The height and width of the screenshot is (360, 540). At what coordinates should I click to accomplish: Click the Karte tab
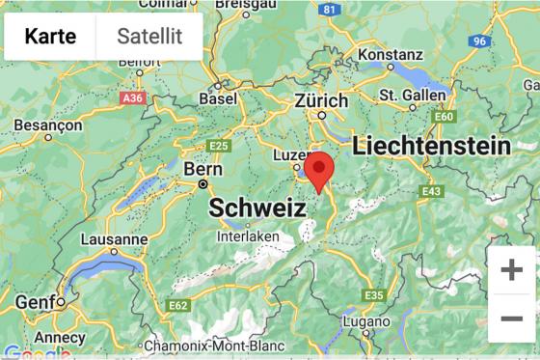(50, 37)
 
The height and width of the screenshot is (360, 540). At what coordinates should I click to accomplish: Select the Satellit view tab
(149, 37)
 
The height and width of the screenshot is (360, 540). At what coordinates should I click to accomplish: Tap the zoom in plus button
(511, 270)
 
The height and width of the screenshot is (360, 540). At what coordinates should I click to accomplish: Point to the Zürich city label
(321, 100)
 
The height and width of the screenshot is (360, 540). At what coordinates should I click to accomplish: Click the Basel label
(217, 98)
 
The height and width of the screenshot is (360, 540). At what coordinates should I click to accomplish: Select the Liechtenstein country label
(431, 146)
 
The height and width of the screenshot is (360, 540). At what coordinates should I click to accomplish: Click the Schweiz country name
(257, 208)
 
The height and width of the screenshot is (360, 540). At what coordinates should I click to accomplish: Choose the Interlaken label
(249, 235)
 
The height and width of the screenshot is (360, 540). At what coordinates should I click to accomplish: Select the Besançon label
(47, 125)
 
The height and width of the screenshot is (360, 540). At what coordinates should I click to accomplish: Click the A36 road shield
(132, 97)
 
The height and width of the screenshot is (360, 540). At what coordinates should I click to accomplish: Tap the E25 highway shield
(219, 146)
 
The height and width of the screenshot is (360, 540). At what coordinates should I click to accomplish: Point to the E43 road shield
(431, 192)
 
